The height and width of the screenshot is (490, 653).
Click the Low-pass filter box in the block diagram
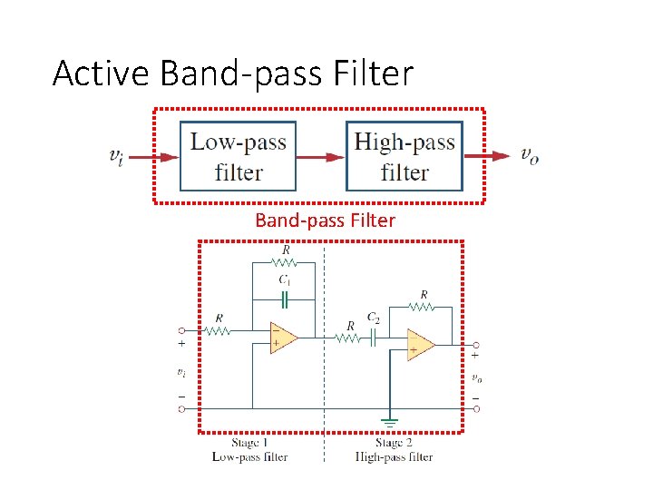pos(238,156)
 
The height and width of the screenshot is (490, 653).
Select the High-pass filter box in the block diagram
pos(404,156)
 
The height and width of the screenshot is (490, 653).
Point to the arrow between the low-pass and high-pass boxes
pos(321,156)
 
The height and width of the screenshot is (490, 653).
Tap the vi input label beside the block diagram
pos(116,156)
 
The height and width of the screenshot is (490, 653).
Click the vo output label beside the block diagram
pos(530,155)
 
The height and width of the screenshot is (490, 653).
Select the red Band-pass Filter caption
pos(325,220)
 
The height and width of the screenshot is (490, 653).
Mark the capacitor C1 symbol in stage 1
pos(284,297)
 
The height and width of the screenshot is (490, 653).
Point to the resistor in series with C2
pos(349,338)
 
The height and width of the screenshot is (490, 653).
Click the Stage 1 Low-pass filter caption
pos(249,450)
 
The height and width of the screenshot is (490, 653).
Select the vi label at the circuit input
pos(181,372)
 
